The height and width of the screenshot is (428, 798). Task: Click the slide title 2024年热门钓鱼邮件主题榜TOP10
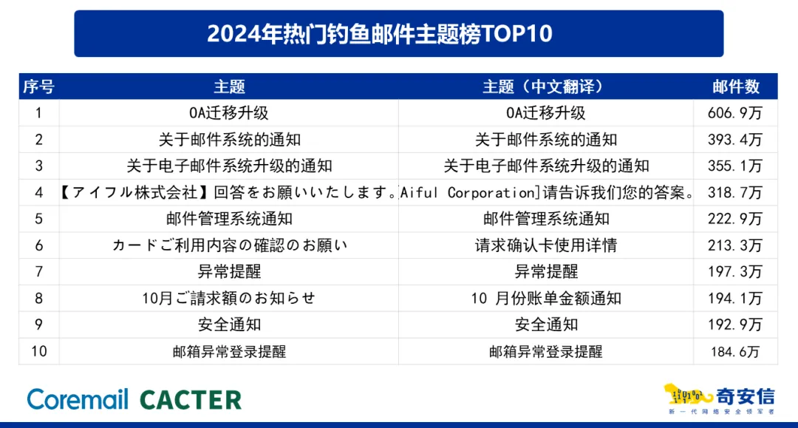(x=380, y=33)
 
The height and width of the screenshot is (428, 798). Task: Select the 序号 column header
(x=38, y=86)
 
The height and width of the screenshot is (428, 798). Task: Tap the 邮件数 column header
(x=736, y=86)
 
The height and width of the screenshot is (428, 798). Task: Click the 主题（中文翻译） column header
(x=545, y=86)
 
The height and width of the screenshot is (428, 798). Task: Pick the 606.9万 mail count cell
(x=735, y=113)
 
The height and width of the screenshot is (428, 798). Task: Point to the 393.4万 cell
(x=735, y=140)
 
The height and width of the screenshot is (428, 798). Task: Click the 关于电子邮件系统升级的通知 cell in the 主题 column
(x=230, y=166)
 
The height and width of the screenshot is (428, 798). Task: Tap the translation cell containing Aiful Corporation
(x=546, y=192)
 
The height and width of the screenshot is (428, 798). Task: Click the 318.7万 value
(x=735, y=192)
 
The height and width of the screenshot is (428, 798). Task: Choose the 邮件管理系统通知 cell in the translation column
(x=546, y=219)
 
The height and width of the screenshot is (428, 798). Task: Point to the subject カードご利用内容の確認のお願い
(x=230, y=245)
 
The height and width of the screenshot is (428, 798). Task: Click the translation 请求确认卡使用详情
(x=546, y=245)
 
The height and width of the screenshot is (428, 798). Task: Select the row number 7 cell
(x=38, y=272)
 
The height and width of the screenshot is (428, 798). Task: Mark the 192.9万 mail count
(x=735, y=325)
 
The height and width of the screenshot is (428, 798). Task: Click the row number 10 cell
(x=38, y=351)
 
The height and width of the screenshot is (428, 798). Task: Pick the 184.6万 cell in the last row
(x=735, y=351)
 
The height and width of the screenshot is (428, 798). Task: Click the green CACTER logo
(x=191, y=400)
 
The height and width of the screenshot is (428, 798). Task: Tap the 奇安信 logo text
(x=745, y=396)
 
